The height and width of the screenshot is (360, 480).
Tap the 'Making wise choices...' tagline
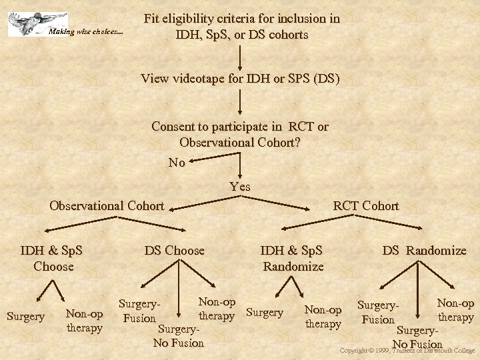coord(86,31)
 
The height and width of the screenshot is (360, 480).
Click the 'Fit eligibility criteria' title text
coord(241,27)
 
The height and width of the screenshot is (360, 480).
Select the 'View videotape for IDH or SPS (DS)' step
coord(240,79)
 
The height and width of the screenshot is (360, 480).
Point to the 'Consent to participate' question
coord(240,134)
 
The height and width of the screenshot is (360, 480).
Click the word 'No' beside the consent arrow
coord(177,163)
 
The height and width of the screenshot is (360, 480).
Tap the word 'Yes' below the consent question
coord(240,187)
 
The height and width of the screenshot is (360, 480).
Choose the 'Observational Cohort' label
coord(107,205)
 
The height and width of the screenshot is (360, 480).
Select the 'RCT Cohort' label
coord(365,205)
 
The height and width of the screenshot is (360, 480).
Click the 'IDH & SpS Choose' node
coord(52,258)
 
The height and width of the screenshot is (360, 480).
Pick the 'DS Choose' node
coord(175,251)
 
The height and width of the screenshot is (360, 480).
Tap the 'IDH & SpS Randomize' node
coord(292,258)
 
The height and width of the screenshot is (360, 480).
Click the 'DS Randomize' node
coord(424,251)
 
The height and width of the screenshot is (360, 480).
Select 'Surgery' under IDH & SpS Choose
coord(25,316)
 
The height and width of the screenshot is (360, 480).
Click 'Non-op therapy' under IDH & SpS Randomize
coord(323,317)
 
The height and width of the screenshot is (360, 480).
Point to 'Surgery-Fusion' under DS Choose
coord(140,311)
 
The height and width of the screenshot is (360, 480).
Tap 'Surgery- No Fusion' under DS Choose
coord(179,337)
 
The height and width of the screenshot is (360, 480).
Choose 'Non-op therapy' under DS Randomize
coord(455,310)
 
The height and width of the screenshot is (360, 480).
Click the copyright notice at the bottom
coord(407,350)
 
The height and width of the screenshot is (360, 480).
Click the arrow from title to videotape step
coord(240,55)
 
